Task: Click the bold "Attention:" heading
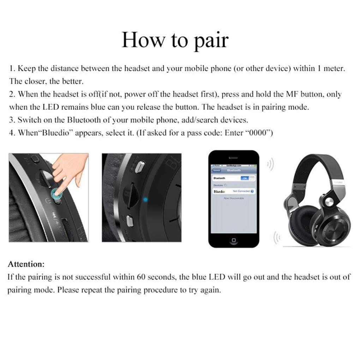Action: [x=26, y=264]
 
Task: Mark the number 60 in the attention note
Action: [x=141, y=277]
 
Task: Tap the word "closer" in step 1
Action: [x=36, y=81]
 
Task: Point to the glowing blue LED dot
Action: [x=145, y=200]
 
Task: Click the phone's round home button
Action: [x=233, y=240]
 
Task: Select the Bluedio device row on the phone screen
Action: [x=233, y=191]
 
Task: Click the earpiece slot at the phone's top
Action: [x=233, y=158]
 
